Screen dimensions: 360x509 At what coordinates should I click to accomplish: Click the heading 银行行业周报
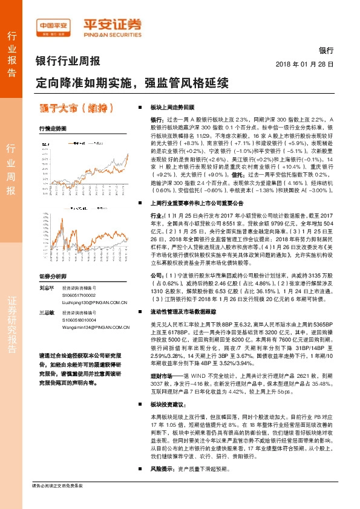[x=68, y=61]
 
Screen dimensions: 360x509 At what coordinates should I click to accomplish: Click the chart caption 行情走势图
[x=52, y=129]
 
